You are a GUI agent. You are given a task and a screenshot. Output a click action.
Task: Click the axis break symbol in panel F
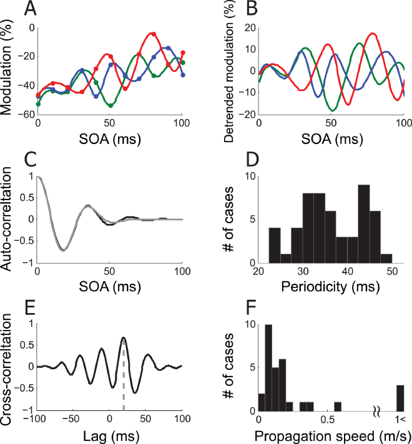tap(376, 411)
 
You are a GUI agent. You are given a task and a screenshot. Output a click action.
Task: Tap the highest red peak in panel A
tap(154, 34)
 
